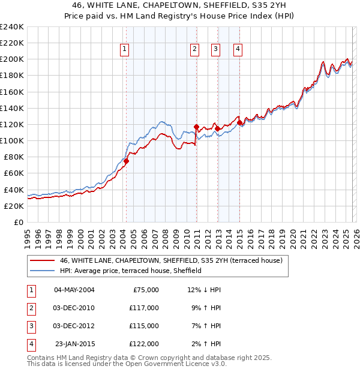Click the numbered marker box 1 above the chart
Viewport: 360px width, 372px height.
(125, 50)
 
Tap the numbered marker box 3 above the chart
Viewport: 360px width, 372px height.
(216, 50)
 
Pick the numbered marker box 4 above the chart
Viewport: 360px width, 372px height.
(238, 50)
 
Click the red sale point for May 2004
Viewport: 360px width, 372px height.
(126, 161)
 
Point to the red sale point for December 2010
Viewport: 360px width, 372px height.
(196, 127)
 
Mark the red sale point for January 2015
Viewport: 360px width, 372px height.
(240, 123)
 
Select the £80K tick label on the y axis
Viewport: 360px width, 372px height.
(13, 157)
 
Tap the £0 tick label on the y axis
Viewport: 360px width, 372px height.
(19, 222)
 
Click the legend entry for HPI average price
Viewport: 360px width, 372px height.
(130, 271)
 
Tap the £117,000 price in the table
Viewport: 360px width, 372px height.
(144, 308)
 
